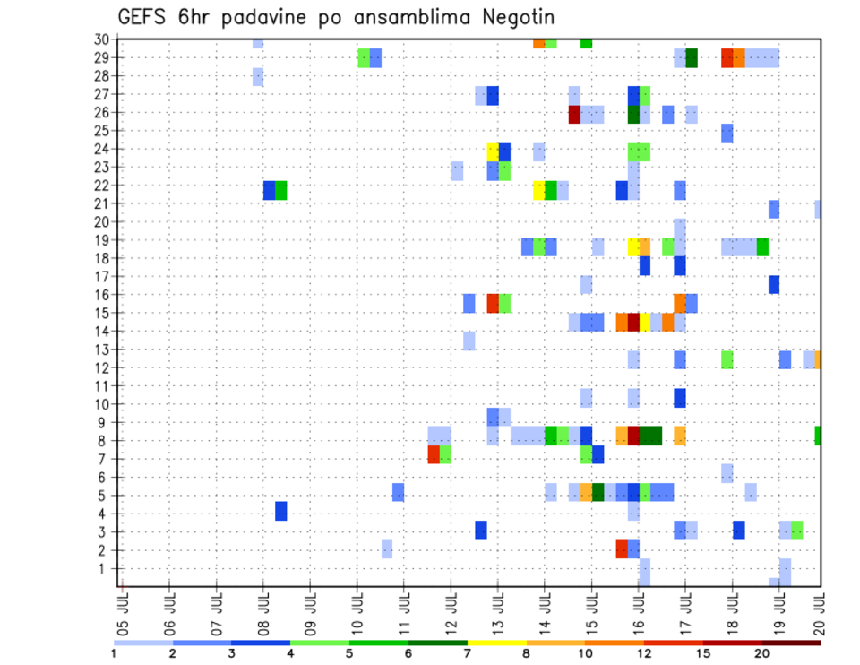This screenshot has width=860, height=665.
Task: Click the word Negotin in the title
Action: click(516, 18)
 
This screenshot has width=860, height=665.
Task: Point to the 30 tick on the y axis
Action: click(101, 39)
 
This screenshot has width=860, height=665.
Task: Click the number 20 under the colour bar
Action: click(762, 654)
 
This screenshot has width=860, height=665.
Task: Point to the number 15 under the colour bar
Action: click(703, 654)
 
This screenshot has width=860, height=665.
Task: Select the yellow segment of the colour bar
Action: click(496, 643)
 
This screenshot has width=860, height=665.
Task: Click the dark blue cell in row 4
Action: click(281, 511)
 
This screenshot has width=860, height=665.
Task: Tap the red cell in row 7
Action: click(434, 455)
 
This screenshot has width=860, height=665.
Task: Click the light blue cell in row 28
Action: click(258, 77)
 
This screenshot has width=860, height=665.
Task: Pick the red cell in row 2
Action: click(622, 548)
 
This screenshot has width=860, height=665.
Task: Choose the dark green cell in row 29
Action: click(692, 58)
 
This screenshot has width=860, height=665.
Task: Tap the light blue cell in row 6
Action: click(727, 473)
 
